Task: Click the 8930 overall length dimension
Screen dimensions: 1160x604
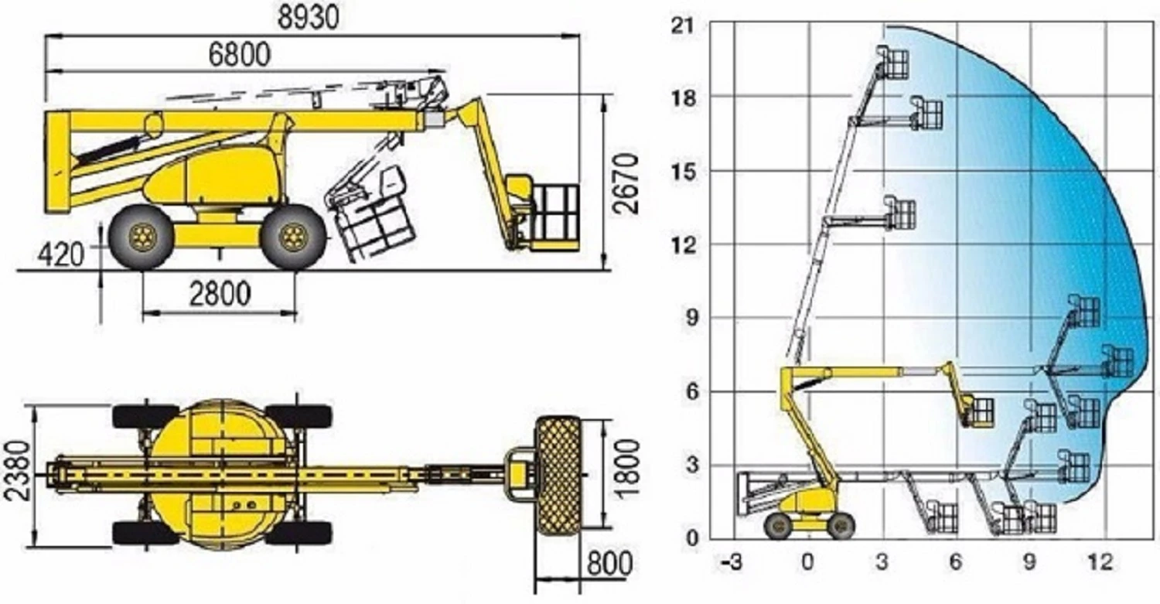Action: (308, 17)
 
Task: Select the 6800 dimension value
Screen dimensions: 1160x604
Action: (239, 54)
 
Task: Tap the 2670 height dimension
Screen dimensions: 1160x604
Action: (626, 183)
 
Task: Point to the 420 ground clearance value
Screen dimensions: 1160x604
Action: (60, 255)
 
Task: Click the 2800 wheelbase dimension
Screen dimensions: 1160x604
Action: (220, 294)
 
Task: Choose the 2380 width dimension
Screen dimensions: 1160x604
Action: (17, 470)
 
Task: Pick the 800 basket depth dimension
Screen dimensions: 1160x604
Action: (609, 563)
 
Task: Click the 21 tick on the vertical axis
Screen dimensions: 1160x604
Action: (683, 25)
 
